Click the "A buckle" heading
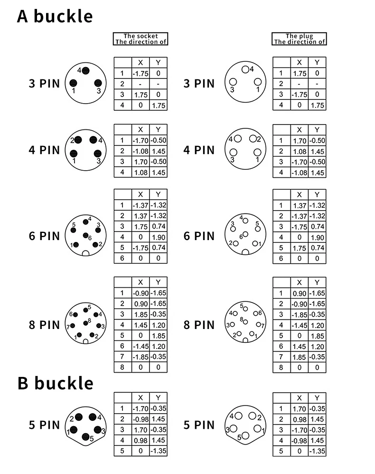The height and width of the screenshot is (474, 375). [55, 16]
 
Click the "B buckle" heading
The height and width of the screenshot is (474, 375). [56, 383]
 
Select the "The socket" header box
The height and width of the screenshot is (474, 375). [141, 39]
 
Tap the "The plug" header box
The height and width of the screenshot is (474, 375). [299, 39]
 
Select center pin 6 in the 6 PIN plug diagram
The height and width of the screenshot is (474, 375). [245, 234]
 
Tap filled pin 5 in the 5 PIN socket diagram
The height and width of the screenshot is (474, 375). [86, 437]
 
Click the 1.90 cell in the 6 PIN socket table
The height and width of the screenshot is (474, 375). [158, 237]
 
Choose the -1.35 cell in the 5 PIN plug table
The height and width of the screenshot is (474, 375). [317, 451]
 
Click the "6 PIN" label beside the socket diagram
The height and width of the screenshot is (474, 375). [45, 236]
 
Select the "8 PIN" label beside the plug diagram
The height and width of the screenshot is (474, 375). [199, 325]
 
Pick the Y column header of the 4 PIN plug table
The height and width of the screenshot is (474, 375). [317, 130]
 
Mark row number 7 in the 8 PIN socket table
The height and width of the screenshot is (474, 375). [122, 357]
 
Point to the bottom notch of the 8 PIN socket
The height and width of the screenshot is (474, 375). [85, 341]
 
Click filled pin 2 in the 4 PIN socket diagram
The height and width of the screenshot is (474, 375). [78, 140]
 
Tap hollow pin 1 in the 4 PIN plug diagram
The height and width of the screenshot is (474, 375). [257, 152]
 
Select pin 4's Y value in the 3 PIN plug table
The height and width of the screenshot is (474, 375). [317, 106]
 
